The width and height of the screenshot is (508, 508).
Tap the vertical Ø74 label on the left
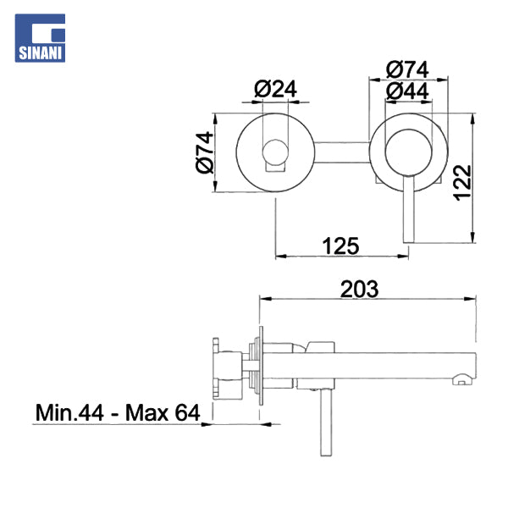pyautogui.click(x=203, y=152)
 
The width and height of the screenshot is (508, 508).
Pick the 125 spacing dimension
pyautogui.click(x=342, y=246)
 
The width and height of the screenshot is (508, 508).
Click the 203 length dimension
pyautogui.click(x=359, y=289)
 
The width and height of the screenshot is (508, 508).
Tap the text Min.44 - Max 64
pyautogui.click(x=117, y=413)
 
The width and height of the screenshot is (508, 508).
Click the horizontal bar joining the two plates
pyautogui.click(x=340, y=152)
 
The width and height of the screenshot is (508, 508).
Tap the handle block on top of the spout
pyautogui.click(x=323, y=345)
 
